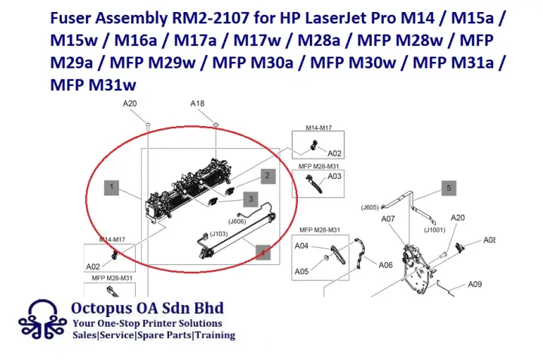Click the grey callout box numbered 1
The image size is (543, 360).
point(111,186)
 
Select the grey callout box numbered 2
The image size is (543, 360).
point(267,176)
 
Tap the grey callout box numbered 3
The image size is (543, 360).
point(250,198)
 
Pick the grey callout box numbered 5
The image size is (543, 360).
point(448,187)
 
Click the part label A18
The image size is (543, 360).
point(198,104)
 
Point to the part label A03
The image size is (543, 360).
point(335,177)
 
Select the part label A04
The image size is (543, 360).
point(301,246)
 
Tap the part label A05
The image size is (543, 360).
point(301,271)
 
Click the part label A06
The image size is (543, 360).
point(385,265)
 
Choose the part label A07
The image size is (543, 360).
point(388,220)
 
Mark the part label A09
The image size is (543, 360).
point(474,284)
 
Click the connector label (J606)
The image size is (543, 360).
point(237,221)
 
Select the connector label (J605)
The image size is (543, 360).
point(370,206)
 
